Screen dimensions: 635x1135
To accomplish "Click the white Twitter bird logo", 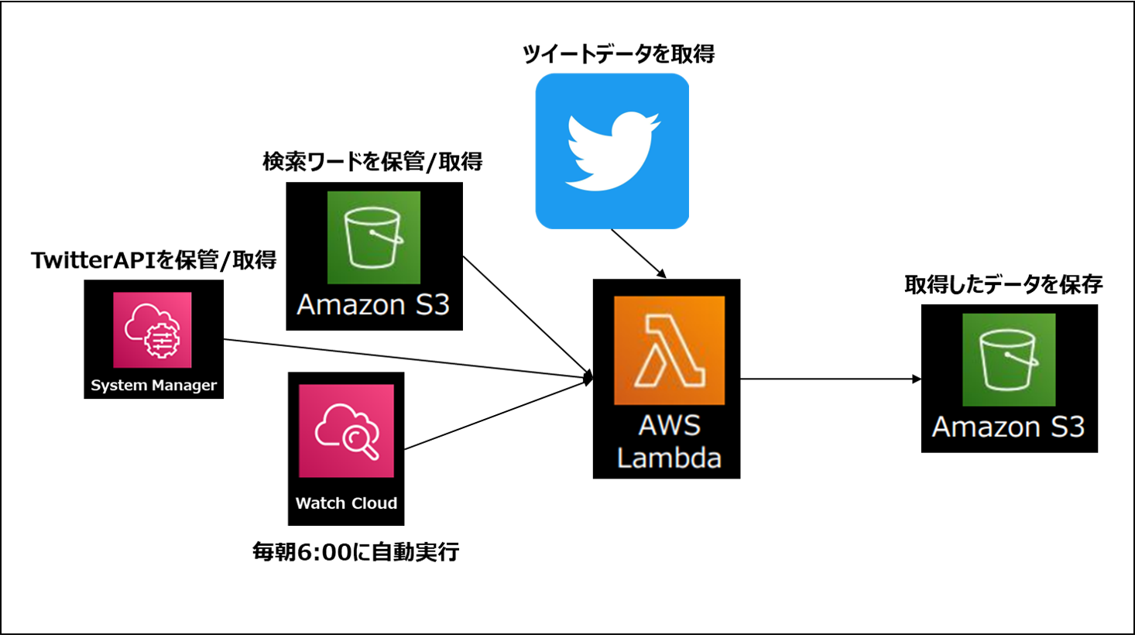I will [612, 151].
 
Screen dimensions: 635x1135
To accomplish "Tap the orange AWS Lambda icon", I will [669, 350].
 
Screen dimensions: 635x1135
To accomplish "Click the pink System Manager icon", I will [153, 330].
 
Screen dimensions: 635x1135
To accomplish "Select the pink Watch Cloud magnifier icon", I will [346, 431].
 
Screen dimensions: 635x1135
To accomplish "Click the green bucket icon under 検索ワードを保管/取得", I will [373, 237].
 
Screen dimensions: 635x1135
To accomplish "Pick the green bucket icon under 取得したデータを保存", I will [1008, 359].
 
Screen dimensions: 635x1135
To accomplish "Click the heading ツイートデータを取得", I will [618, 54].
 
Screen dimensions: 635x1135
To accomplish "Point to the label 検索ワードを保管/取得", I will [372, 162].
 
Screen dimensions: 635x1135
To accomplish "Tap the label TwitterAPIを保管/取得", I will [153, 260].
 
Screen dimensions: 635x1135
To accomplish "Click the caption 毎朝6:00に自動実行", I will [355, 552].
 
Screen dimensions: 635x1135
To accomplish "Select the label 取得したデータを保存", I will [1003, 285].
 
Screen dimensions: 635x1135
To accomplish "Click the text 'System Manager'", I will [153, 386].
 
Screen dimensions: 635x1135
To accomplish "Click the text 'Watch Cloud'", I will [346, 503].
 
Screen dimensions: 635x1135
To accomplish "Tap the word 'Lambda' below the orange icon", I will [669, 458].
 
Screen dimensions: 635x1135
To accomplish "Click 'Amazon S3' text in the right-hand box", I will [1008, 427].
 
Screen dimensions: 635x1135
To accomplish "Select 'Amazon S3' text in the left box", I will [373, 305].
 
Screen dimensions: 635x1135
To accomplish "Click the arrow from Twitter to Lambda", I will [638, 252].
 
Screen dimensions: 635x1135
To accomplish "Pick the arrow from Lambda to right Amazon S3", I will [828, 379].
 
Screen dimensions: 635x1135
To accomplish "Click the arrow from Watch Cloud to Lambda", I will [495, 414].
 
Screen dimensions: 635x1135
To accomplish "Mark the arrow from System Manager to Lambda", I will [403, 359].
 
